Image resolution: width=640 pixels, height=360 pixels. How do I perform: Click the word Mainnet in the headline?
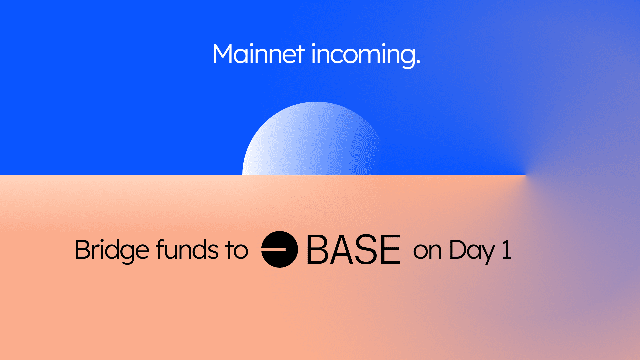(259, 54)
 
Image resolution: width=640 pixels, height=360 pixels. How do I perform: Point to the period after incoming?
(418, 62)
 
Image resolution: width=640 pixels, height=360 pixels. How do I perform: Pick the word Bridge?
(112, 251)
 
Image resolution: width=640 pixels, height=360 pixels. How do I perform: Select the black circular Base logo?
(279, 249)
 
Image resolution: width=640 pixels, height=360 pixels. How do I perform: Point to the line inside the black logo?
(274, 249)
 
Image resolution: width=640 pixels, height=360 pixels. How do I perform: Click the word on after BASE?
(427, 251)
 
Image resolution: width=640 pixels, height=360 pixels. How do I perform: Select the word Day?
(472, 252)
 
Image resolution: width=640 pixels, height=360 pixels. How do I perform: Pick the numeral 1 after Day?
(507, 249)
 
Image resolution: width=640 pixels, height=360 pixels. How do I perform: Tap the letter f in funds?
(161, 249)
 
